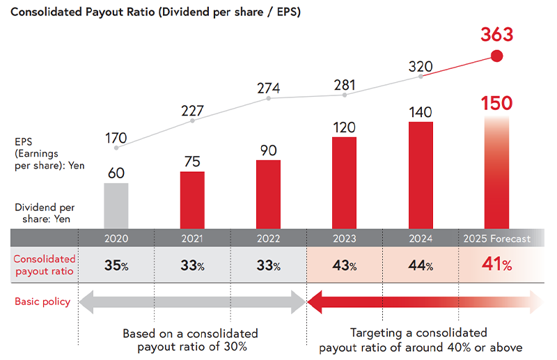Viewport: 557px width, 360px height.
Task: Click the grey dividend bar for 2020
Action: [116, 206]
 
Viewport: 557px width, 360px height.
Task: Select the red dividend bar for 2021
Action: [192, 201]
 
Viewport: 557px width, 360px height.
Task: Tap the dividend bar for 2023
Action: [345, 183]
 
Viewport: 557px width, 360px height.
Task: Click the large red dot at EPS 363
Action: [496, 57]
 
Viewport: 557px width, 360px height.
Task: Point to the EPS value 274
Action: [268, 88]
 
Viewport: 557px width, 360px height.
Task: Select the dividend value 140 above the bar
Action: [421, 111]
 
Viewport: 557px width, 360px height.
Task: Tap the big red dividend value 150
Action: [496, 103]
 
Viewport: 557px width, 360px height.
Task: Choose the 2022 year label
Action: [268, 239]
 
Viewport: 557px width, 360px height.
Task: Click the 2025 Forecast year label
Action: [496, 239]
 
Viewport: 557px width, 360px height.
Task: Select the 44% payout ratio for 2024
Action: [421, 265]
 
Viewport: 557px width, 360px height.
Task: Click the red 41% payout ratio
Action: [496, 265]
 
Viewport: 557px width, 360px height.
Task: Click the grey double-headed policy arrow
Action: [191, 302]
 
